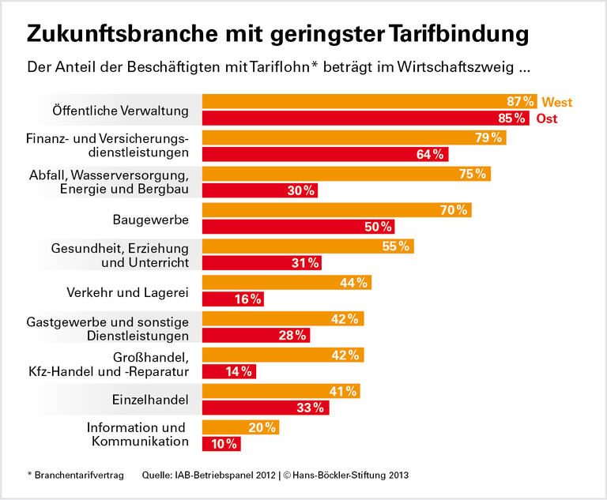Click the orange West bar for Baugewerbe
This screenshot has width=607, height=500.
pyautogui.click(x=336, y=210)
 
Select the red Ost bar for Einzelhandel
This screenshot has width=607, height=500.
pyautogui.click(x=266, y=408)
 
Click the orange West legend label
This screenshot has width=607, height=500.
pyautogui.click(x=557, y=102)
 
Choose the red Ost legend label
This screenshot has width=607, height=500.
pyautogui.click(x=546, y=118)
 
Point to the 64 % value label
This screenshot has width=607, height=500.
pyautogui.click(x=431, y=154)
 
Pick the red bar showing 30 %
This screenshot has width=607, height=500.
pyautogui.click(x=259, y=190)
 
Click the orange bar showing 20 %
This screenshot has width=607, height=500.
pyautogui.click(x=240, y=427)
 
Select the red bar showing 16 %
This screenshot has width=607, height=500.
pyautogui.click(x=232, y=299)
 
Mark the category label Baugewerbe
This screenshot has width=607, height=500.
pyautogui.click(x=151, y=219)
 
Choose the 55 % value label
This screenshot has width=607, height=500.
pyautogui.click(x=396, y=246)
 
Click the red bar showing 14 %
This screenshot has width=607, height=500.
pyautogui.click(x=229, y=371)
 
